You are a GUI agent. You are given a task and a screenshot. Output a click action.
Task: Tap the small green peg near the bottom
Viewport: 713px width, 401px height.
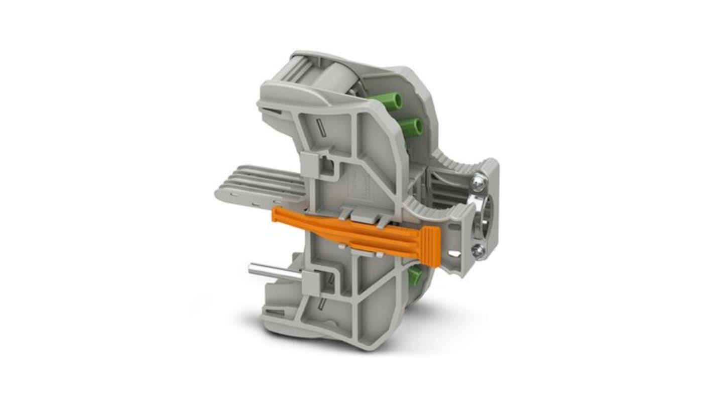tap(415, 275)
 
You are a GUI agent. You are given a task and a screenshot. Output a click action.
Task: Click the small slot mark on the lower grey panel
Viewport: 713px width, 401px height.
tap(321, 304)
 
